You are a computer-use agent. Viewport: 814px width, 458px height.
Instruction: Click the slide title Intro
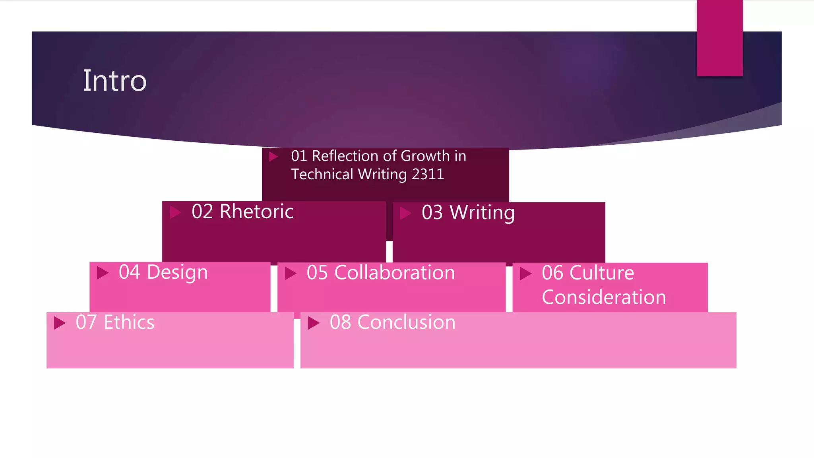point(114,81)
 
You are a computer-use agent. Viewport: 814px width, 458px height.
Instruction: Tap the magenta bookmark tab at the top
point(719,38)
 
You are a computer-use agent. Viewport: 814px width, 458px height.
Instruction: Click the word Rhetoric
point(256,212)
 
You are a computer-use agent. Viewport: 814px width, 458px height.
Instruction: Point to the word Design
point(177,273)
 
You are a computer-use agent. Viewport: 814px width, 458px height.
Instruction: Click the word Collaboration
point(394,273)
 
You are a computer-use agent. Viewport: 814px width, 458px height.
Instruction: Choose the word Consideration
point(603,297)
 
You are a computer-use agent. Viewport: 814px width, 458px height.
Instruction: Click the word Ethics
point(129,322)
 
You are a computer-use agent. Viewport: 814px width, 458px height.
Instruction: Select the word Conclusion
point(406,322)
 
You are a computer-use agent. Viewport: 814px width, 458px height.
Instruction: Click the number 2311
point(428,175)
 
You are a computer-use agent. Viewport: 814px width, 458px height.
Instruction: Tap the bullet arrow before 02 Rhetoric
point(175,212)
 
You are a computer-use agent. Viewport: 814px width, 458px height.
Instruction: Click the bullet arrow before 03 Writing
point(405,213)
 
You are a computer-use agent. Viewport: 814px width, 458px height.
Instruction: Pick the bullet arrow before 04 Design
point(103,273)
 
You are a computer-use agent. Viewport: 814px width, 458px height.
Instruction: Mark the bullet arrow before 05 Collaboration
point(291,274)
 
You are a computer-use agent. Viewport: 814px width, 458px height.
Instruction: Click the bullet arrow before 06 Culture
point(525,274)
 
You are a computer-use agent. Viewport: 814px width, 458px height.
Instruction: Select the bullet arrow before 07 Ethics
point(60,323)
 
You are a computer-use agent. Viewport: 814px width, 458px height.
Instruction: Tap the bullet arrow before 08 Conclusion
point(314,323)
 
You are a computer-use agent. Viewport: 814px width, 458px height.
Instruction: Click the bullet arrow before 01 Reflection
point(273,157)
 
